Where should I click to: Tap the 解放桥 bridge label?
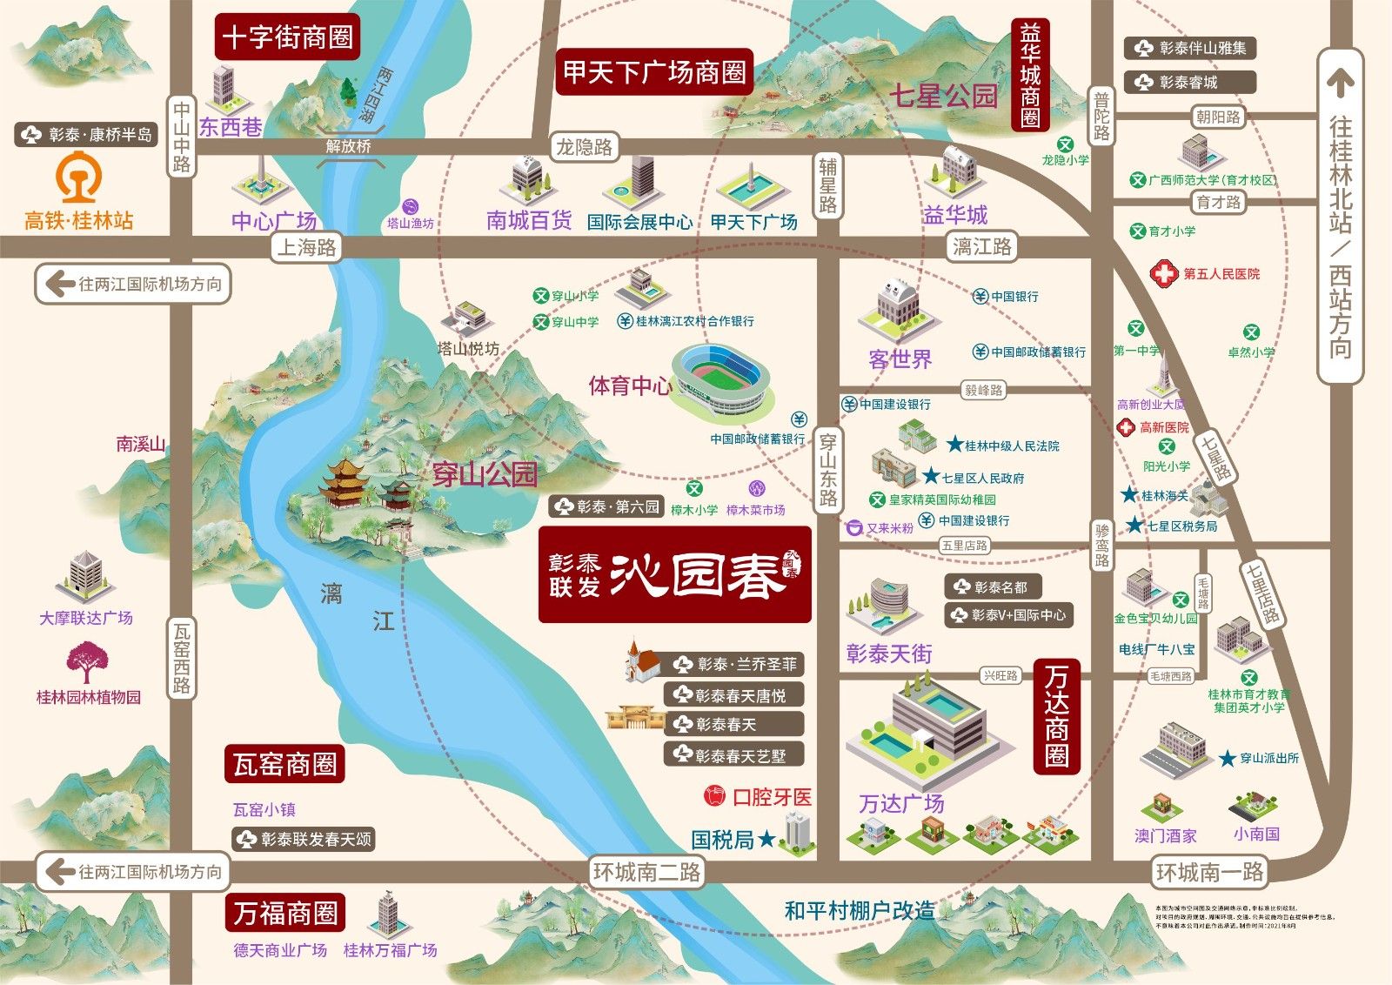(x=348, y=146)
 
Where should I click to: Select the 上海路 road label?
(x=306, y=247)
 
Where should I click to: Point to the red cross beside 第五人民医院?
(x=1163, y=273)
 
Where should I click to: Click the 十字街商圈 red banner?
(x=287, y=37)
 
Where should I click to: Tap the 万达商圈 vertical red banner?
(x=1057, y=715)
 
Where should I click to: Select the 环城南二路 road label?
(x=646, y=871)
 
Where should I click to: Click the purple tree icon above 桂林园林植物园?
(x=85, y=662)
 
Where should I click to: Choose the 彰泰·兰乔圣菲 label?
(x=736, y=665)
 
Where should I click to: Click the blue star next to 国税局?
(x=766, y=839)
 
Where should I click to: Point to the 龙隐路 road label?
(x=584, y=147)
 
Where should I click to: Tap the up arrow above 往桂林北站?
(x=1341, y=82)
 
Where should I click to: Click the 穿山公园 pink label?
(x=485, y=474)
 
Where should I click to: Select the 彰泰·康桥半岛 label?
(x=87, y=135)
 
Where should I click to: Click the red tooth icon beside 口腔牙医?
(x=713, y=795)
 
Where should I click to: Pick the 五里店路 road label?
(x=964, y=546)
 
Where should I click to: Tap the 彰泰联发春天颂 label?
(x=304, y=840)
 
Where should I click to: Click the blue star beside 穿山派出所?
(x=1227, y=759)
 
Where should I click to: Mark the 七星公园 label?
(x=942, y=96)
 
